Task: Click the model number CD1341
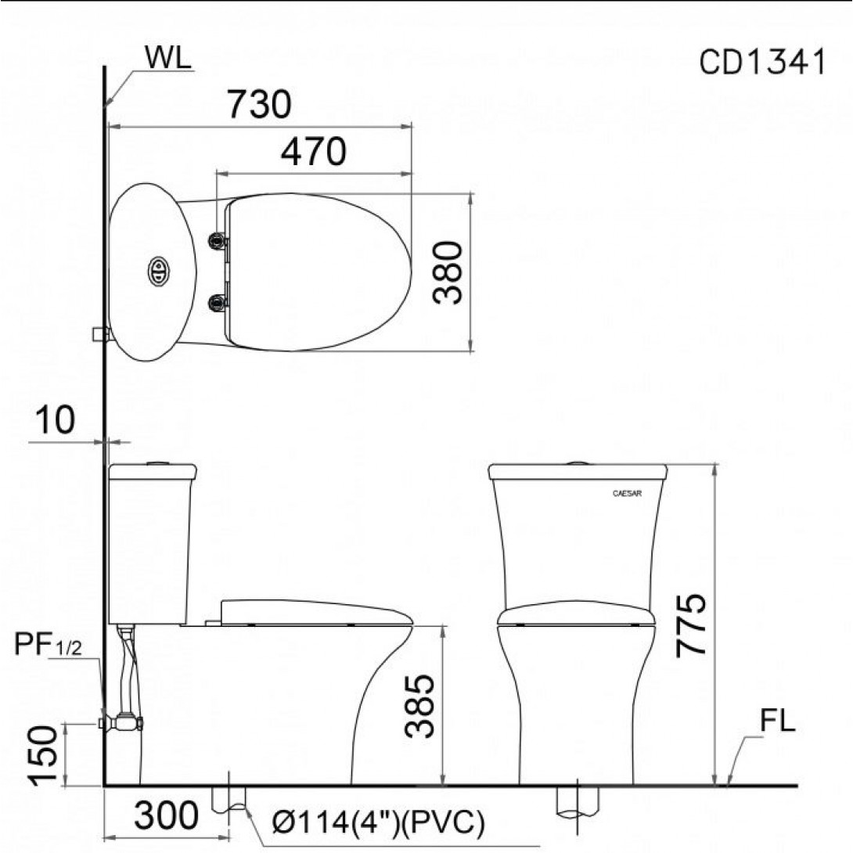762,62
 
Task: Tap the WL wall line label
168,58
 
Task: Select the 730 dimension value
260,104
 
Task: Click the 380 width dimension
448,272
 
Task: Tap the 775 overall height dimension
691,625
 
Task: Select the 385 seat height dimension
420,706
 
